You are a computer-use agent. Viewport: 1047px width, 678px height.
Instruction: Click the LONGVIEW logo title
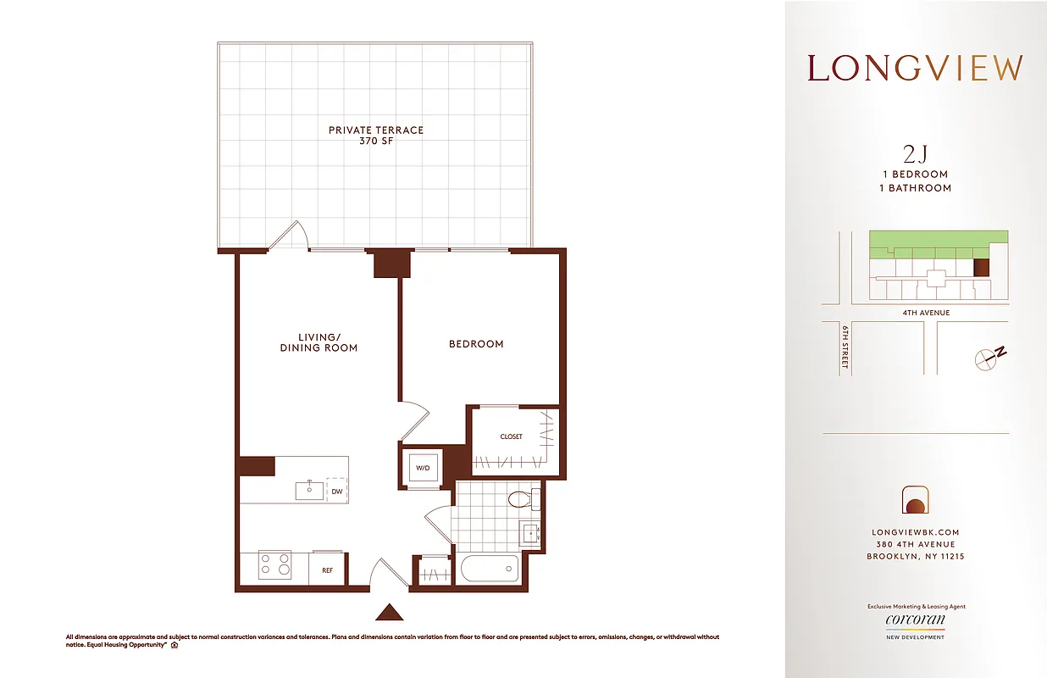coord(915,69)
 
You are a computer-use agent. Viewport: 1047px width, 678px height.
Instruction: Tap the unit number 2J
coord(915,153)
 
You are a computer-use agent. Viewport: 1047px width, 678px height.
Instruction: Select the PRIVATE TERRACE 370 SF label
coord(376,136)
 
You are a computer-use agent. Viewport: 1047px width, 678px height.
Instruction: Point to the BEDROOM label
coord(476,344)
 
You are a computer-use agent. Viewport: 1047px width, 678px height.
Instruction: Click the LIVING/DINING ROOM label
coord(319,342)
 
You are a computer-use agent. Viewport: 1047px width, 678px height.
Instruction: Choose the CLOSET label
coord(511,436)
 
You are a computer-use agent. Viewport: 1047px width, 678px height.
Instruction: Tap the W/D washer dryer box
coord(421,468)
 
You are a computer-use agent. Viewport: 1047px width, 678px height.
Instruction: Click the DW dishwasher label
coord(336,491)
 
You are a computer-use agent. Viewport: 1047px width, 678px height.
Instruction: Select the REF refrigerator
coord(327,570)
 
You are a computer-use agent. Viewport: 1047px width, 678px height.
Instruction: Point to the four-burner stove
coord(274,564)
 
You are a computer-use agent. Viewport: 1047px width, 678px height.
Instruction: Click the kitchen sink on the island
coord(309,490)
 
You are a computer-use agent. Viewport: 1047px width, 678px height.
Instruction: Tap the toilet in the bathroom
coord(523,499)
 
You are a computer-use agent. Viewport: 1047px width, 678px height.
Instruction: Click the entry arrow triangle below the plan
coord(389,612)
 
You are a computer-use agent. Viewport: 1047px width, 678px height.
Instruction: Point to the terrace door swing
coord(291,236)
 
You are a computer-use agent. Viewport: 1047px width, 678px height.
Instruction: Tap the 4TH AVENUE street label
coord(926,313)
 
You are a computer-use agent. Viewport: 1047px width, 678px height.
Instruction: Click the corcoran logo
coord(915,620)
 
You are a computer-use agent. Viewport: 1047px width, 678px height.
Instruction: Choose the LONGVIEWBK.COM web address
coord(915,532)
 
